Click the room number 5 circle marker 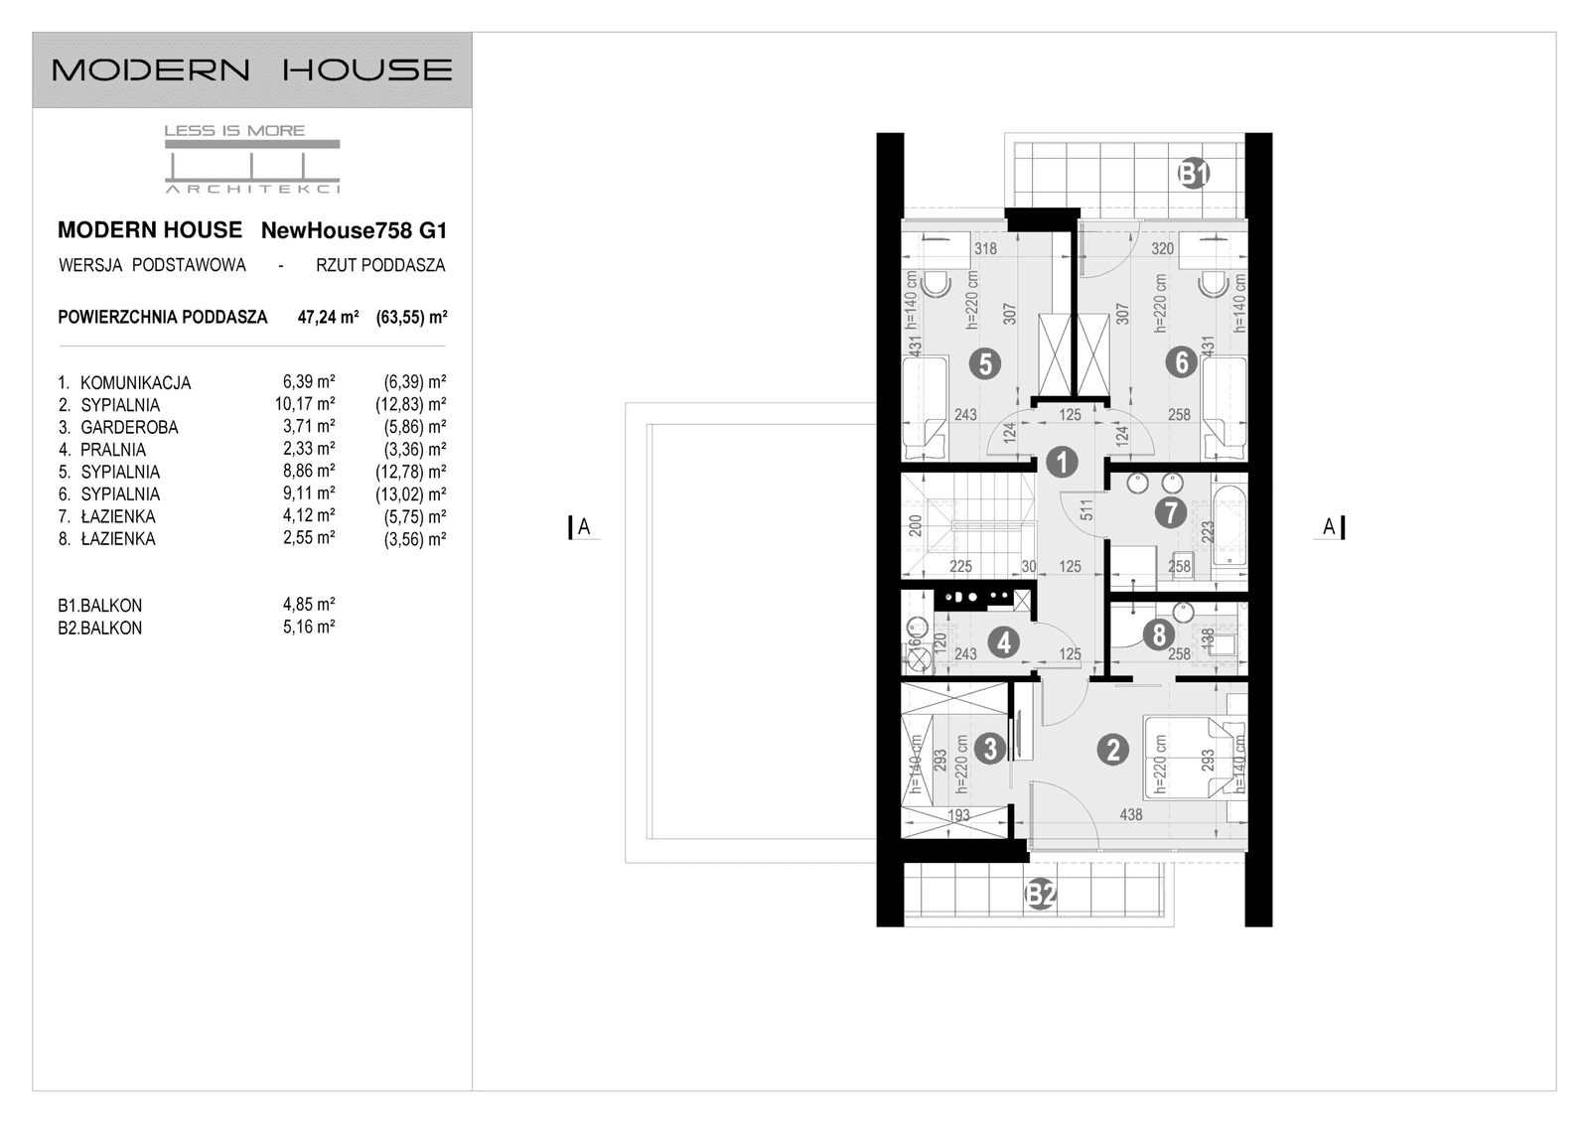coord(984,363)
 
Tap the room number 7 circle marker coord(1170,512)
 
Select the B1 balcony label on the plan coord(1194,174)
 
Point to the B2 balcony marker coord(1040,895)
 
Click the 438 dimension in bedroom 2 coord(1130,815)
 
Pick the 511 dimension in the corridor coord(1086,509)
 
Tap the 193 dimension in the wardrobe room coord(958,816)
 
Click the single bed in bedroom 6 coord(1224,407)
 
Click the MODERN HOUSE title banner coord(252,70)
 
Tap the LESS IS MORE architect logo coord(252,159)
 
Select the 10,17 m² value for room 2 coord(305,404)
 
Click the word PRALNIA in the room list coord(113,450)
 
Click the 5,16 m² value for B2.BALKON coord(309,628)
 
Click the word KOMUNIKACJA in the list coord(135,383)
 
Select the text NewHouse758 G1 coord(354,231)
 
